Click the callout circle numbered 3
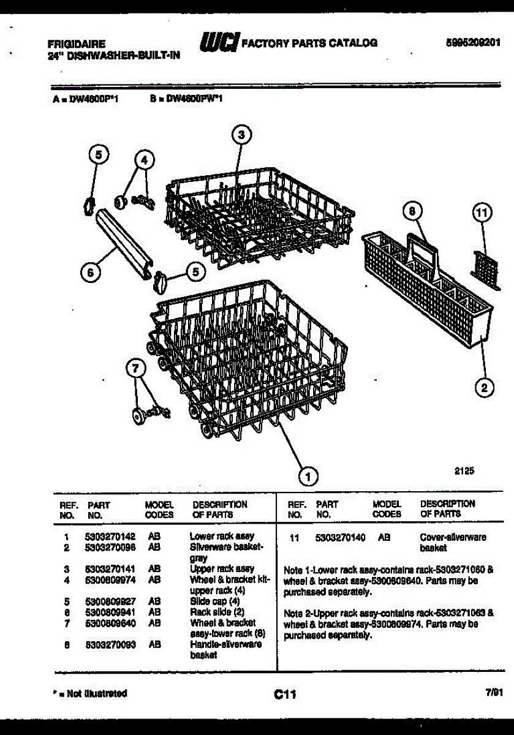coord(241,135)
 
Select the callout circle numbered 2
coord(484,387)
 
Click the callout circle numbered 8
coord(413,212)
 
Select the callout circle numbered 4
coord(144,160)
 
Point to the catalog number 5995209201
coord(474,43)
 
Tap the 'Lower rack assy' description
coord(222,536)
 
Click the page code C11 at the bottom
coord(285,695)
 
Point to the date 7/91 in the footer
coord(493,693)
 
